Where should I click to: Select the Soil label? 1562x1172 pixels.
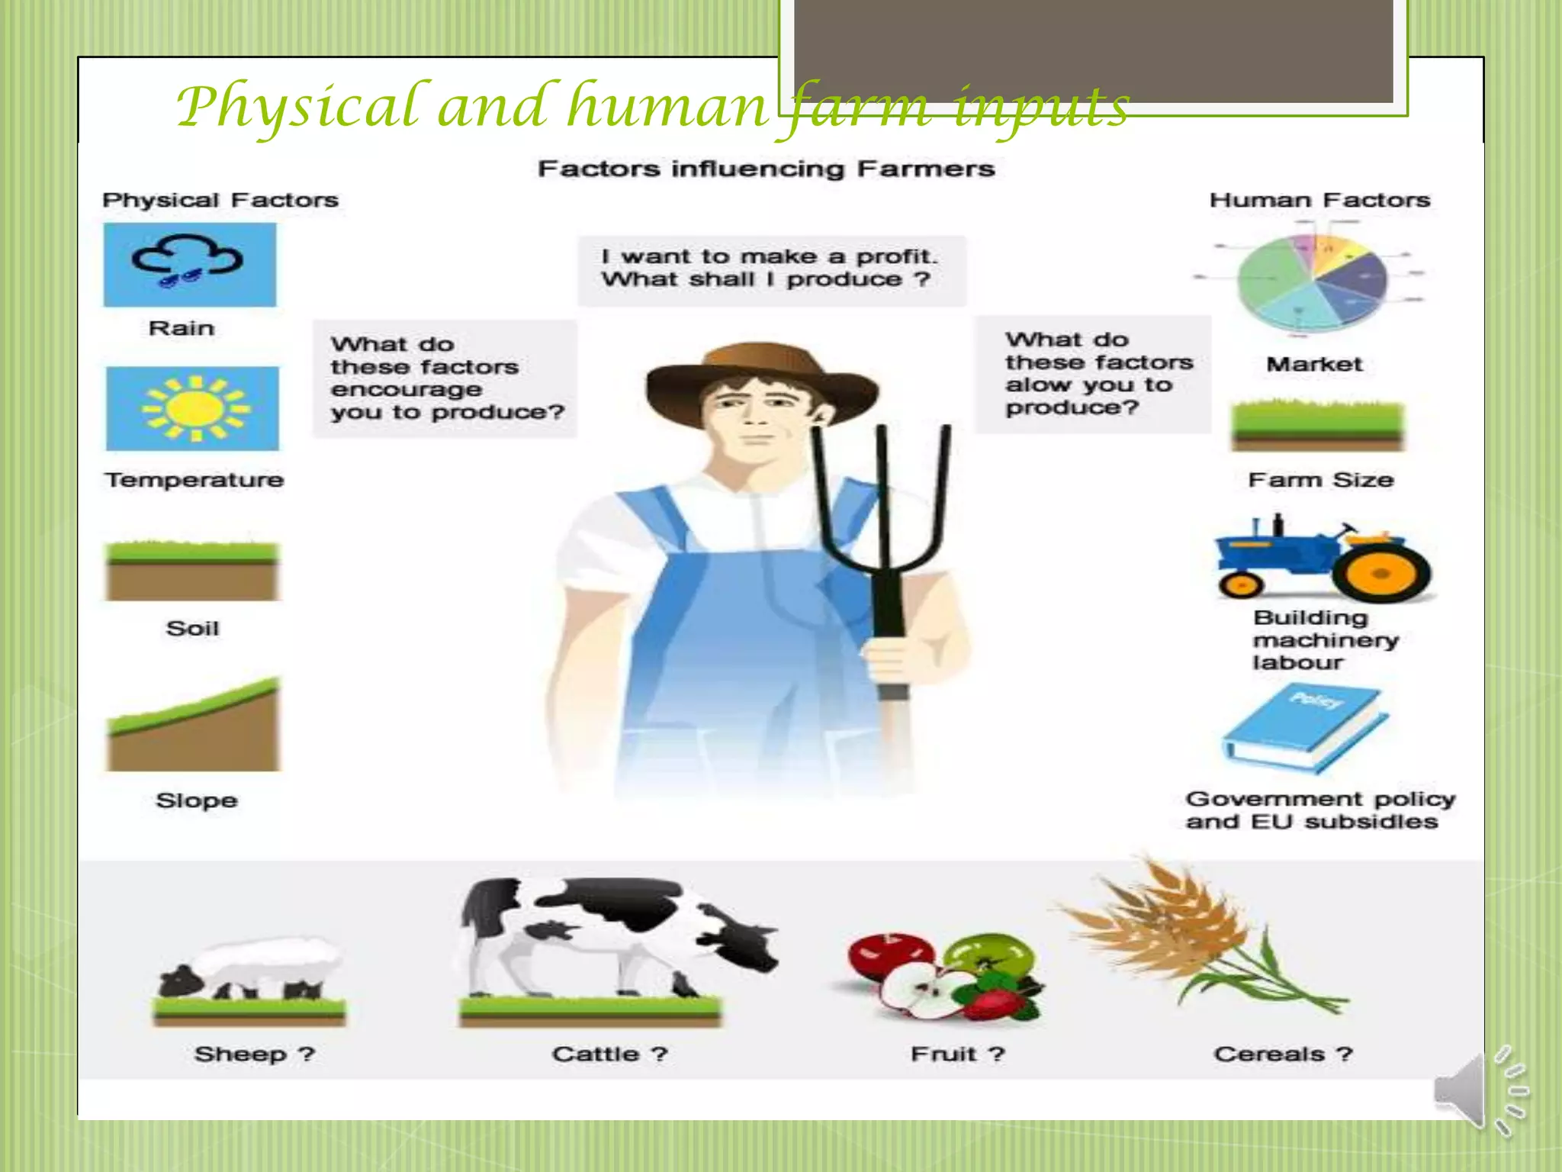click(193, 629)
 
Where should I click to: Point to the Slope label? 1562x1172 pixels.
click(197, 800)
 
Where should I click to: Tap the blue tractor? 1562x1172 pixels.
click(1323, 561)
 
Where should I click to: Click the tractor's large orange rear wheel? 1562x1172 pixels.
click(1380, 574)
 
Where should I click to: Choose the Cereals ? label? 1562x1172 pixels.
click(1283, 1054)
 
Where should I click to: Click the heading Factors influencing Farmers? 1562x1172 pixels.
click(766, 169)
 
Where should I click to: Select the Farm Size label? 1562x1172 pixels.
click(1320, 480)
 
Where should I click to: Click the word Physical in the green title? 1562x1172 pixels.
click(297, 107)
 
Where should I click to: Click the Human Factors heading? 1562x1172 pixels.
click(1319, 200)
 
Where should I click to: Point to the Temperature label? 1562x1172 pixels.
click(194, 480)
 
